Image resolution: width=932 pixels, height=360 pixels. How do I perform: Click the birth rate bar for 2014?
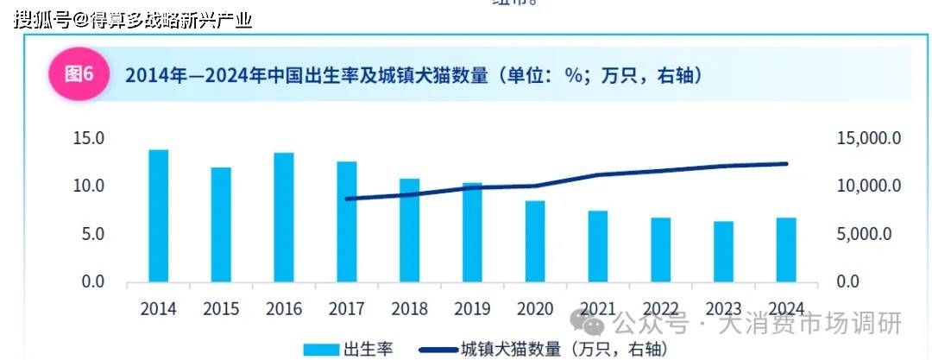pyautogui.click(x=158, y=216)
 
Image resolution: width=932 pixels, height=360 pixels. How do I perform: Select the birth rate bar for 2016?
pyautogui.click(x=284, y=218)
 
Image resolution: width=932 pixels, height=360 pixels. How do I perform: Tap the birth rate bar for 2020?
pyautogui.click(x=535, y=241)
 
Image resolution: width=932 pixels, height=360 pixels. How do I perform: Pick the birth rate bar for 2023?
pyautogui.click(x=723, y=251)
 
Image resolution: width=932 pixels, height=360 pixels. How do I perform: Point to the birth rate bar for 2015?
pyautogui.click(x=221, y=224)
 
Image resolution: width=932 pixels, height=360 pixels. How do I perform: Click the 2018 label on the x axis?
pyautogui.click(x=409, y=309)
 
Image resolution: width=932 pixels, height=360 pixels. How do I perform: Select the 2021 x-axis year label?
pyautogui.click(x=598, y=309)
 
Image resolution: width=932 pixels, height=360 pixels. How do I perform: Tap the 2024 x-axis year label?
pyautogui.click(x=786, y=309)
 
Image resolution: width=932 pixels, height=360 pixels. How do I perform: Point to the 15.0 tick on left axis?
pyautogui.click(x=88, y=138)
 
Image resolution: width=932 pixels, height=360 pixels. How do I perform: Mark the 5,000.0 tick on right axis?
pyautogui.click(x=872, y=234)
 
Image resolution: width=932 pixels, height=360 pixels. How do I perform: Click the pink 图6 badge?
pyautogui.click(x=79, y=74)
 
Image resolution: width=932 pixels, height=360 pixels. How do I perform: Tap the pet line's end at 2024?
pyautogui.click(x=786, y=163)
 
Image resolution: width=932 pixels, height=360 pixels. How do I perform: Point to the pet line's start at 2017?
pyautogui.click(x=346, y=199)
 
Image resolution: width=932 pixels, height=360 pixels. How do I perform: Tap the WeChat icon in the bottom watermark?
pyautogui.click(x=593, y=325)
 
